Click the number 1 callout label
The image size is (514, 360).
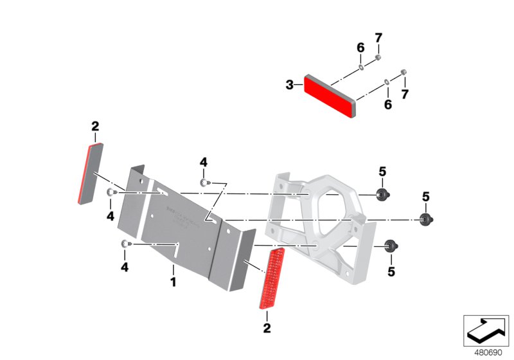tap(172, 282)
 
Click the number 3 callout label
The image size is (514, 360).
tap(290, 84)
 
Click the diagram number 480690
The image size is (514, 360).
tap(488, 353)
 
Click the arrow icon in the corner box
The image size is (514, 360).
tap(486, 331)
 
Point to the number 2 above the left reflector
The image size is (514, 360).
tap(95, 125)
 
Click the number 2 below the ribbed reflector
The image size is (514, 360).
tap(267, 328)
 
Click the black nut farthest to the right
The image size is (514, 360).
tap(425, 219)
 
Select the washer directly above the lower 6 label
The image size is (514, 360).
tap(385, 82)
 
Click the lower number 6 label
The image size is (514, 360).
tap(387, 104)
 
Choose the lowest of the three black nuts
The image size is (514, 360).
tap(389, 245)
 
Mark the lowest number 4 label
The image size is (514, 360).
tap(125, 266)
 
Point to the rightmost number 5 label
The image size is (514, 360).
tap(426, 196)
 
